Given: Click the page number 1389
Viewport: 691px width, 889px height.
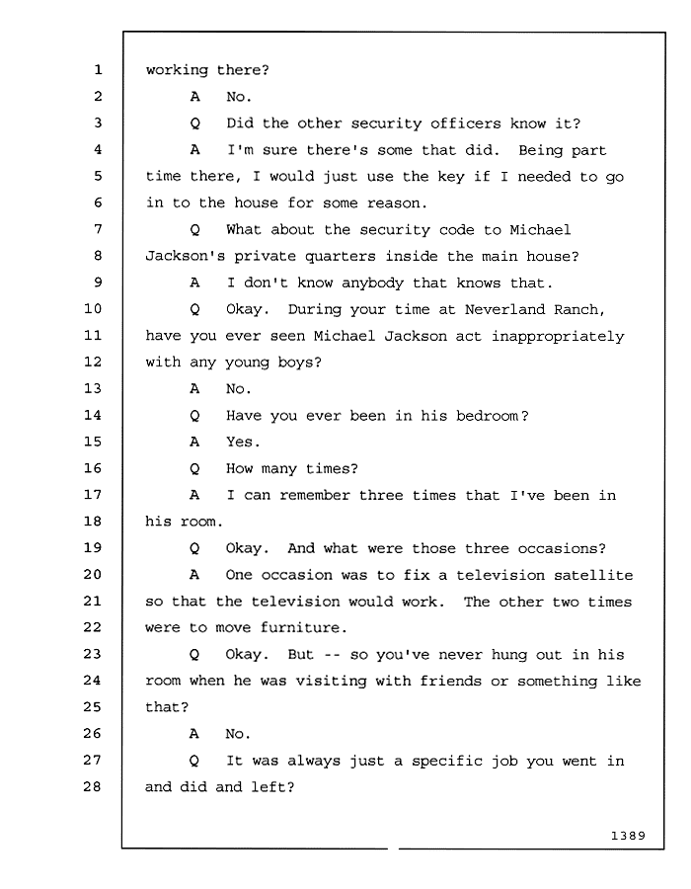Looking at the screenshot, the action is pyautogui.click(x=628, y=836).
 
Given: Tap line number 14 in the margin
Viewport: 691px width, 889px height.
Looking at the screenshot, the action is pyautogui.click(x=93, y=415).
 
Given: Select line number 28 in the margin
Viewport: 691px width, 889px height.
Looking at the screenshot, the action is pyautogui.click(x=93, y=786).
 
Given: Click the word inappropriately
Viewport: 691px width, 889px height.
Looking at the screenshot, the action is pyautogui.click(x=558, y=337).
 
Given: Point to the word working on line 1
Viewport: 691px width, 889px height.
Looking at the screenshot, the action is pyautogui.click(x=178, y=70).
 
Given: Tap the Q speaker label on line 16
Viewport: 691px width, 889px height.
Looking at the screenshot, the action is pyautogui.click(x=194, y=469).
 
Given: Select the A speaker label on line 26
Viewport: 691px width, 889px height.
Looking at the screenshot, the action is pyautogui.click(x=194, y=734).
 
